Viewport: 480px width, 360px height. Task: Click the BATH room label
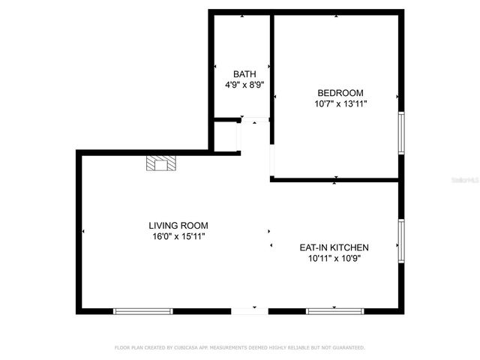pos(244,73)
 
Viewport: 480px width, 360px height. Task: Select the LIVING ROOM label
pos(178,225)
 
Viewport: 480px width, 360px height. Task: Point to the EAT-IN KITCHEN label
pos(334,247)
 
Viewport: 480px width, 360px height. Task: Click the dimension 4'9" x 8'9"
pos(244,85)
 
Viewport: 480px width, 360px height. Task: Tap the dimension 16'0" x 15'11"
pos(178,236)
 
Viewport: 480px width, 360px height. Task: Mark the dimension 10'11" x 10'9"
pos(334,258)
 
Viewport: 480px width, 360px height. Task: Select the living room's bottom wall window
pos(142,310)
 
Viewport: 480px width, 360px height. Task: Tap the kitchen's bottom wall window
pos(334,310)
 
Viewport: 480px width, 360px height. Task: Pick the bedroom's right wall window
pos(401,133)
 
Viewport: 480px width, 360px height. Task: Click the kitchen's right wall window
pos(401,241)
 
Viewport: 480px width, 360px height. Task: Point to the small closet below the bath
pos(225,136)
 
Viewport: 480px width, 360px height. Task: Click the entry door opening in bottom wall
pos(249,310)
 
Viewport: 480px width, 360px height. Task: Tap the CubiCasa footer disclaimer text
pos(239,348)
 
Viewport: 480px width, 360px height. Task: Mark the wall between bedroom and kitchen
pos(334,180)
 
